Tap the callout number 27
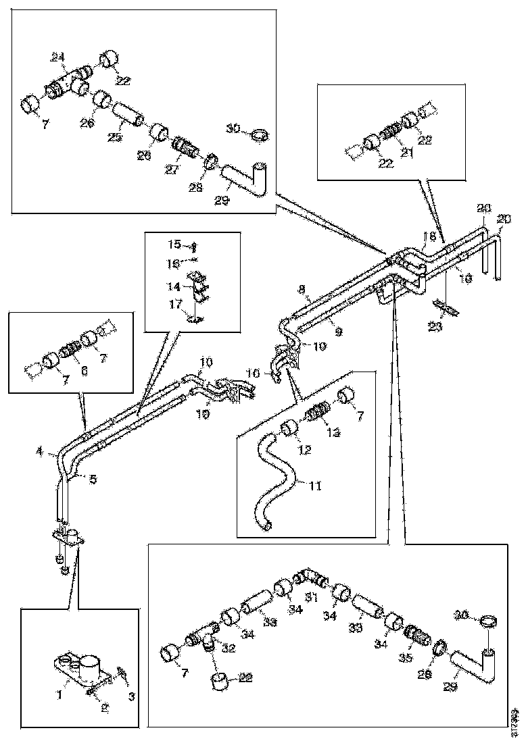point(172,169)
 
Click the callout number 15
point(175,244)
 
